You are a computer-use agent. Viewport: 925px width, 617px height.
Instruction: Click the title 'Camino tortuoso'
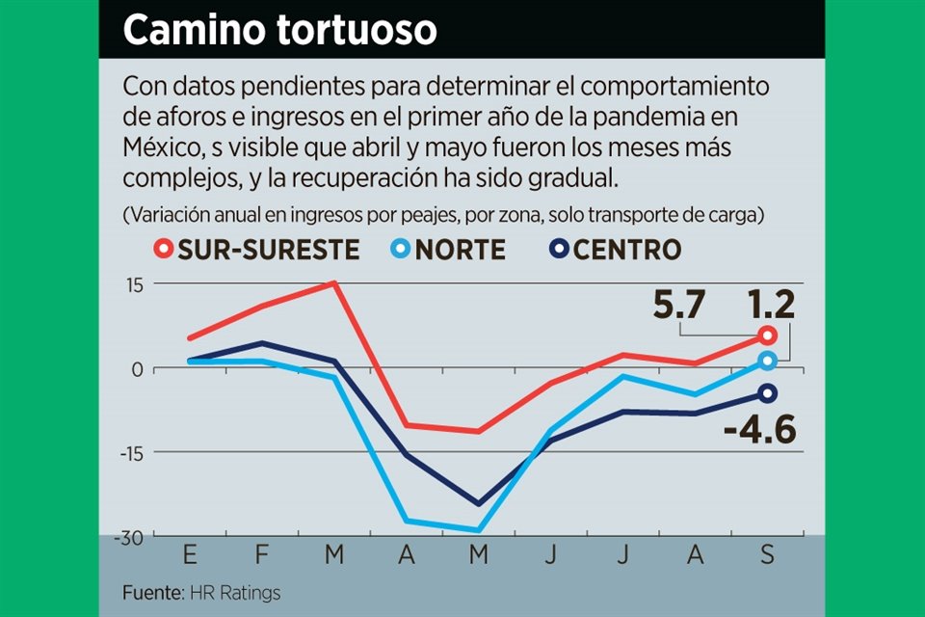pos(279,30)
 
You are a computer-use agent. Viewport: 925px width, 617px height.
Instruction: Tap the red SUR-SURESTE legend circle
pos(164,250)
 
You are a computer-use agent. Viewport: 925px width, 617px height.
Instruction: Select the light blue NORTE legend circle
pos(400,250)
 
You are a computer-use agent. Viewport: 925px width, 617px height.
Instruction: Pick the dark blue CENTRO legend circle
pos(559,250)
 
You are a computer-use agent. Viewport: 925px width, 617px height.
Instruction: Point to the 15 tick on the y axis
pos(132,284)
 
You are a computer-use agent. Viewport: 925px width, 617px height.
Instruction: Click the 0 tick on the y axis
pos(137,368)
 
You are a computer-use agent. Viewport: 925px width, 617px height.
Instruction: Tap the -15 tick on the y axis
pos(129,452)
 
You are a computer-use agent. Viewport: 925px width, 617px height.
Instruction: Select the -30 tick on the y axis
pos(126,536)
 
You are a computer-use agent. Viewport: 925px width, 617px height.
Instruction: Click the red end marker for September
pos(767,335)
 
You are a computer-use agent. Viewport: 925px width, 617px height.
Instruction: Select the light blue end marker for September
pos(767,361)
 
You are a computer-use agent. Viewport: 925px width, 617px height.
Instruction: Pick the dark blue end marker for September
pos(767,392)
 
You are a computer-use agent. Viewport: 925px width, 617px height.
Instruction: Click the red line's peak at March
pos(334,282)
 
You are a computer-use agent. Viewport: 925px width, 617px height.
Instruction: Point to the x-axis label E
pos(189,556)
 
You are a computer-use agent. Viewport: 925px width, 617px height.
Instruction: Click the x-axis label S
pos(767,556)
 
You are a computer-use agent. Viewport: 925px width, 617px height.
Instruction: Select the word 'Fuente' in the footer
pos(151,591)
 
